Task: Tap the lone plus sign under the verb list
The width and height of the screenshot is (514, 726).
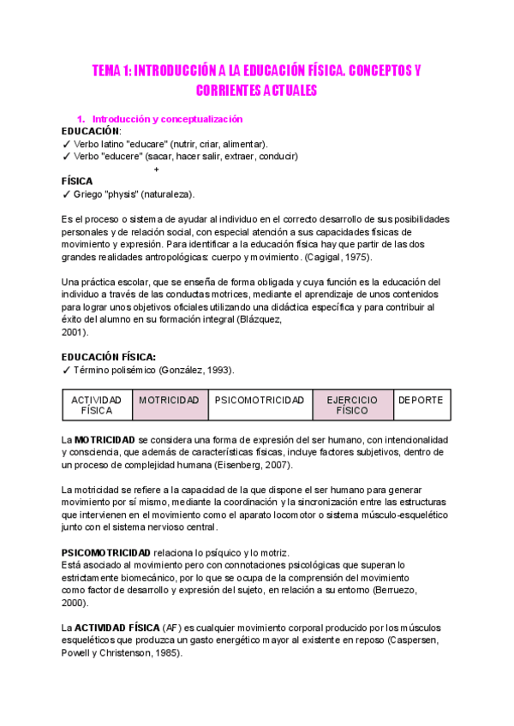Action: [x=156, y=169]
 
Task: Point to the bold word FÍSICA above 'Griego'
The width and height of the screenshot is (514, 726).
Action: [x=77, y=181]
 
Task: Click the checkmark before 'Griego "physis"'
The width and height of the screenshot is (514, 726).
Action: [x=66, y=194]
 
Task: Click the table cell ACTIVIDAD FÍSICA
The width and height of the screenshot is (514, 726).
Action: [x=97, y=405]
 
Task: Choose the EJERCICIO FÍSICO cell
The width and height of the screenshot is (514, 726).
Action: [x=352, y=405]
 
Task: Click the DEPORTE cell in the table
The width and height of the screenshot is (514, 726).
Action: [x=420, y=400]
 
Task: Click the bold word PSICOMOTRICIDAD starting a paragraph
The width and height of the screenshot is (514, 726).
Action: [x=105, y=552]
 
